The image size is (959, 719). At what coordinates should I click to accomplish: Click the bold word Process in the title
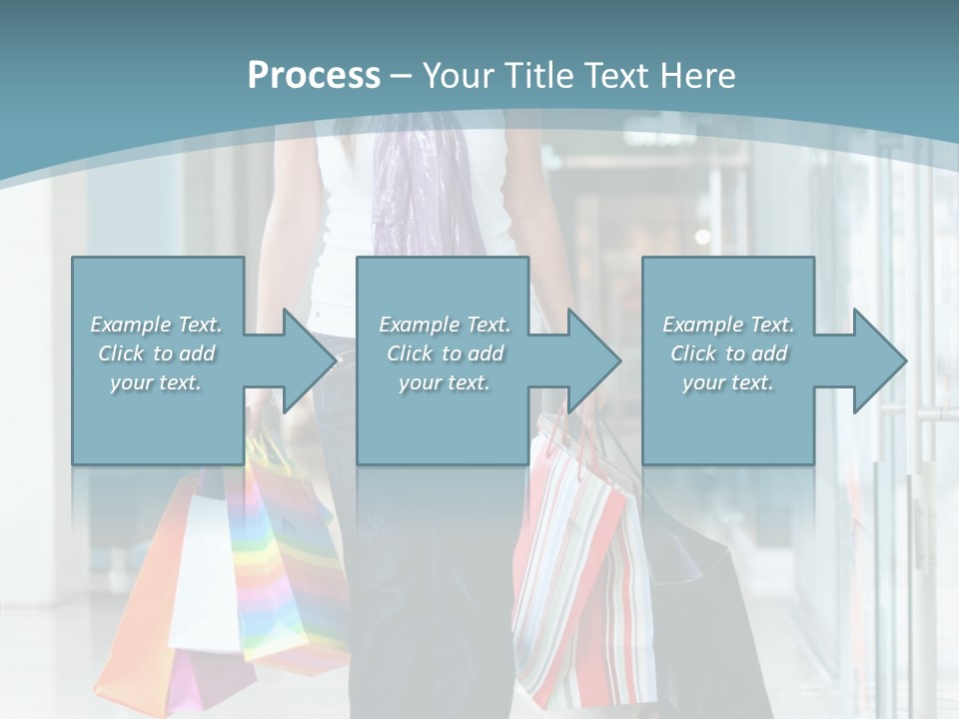tap(314, 76)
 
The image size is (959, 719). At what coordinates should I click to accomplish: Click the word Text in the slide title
tap(616, 76)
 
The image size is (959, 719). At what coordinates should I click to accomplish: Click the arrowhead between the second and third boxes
tap(595, 360)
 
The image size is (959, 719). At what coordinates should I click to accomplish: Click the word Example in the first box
tap(131, 325)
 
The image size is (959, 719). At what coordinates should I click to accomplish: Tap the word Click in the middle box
tap(409, 354)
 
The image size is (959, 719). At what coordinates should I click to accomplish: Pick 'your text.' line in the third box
tap(728, 382)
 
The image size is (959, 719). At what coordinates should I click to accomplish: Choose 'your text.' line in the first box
tap(156, 382)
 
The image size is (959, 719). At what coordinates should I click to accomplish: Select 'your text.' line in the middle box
tap(445, 382)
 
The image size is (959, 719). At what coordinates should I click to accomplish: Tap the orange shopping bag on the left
tap(140, 599)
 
